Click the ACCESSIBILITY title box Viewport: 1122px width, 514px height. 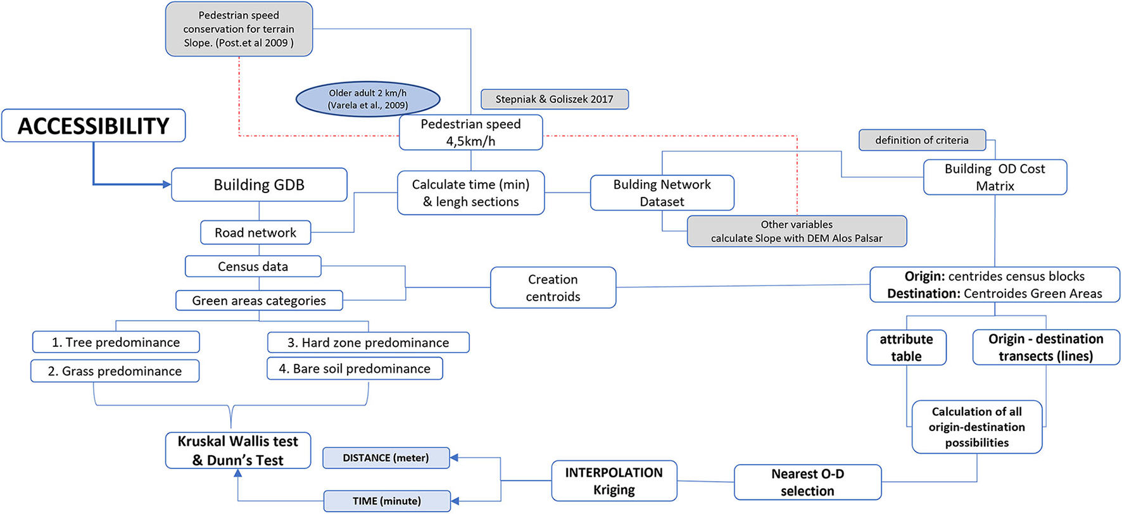[x=94, y=126]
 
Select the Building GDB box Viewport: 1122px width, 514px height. [x=259, y=185]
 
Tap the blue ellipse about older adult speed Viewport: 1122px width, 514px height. [x=368, y=99]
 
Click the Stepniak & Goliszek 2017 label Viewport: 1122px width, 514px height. [x=554, y=99]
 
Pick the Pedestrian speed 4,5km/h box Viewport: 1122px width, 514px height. [x=470, y=132]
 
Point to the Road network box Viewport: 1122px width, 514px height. [x=255, y=232]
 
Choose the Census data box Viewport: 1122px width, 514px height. [x=253, y=266]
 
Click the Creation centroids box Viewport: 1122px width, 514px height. [x=553, y=288]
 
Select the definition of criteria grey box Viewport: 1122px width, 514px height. [x=921, y=140]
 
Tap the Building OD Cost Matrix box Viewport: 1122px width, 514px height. [x=994, y=177]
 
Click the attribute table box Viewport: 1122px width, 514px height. [x=906, y=348]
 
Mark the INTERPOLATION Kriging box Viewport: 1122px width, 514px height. [x=614, y=481]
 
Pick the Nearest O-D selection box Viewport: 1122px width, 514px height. [x=807, y=482]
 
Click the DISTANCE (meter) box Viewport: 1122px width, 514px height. [x=386, y=458]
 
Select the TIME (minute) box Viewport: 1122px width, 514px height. [x=386, y=501]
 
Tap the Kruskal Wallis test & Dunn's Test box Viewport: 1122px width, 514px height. [x=237, y=451]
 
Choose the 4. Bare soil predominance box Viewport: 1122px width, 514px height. [x=355, y=368]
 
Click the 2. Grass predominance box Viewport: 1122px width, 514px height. [x=115, y=371]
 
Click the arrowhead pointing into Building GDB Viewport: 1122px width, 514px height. [x=167, y=185]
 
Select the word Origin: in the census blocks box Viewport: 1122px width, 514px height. [x=924, y=277]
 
